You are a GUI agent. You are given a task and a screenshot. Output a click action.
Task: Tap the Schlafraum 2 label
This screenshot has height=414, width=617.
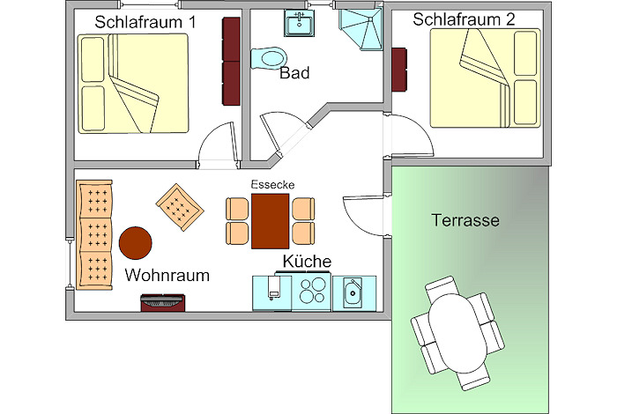465,18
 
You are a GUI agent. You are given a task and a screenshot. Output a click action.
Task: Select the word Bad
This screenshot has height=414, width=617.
294,74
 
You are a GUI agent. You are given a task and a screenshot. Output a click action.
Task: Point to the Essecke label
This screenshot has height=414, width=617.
271,184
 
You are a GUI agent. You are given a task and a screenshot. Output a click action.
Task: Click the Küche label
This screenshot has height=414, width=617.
307,262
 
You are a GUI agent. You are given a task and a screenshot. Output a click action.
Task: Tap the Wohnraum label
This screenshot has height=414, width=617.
167,276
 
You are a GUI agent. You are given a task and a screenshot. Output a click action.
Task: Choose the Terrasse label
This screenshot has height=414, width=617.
465,220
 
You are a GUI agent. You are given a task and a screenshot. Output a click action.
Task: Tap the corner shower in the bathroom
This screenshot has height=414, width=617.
359,29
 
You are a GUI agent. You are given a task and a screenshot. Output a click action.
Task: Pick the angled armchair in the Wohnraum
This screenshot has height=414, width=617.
180,208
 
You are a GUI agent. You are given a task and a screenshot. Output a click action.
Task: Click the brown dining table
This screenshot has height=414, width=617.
271,220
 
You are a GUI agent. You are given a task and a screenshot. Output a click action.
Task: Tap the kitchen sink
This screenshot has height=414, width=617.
353,291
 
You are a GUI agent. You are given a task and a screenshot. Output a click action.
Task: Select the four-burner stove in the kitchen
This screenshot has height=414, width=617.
312,291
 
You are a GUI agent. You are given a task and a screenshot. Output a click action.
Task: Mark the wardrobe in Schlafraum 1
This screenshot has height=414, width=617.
231,61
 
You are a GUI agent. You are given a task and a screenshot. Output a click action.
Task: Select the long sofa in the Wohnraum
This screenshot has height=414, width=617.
95,234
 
